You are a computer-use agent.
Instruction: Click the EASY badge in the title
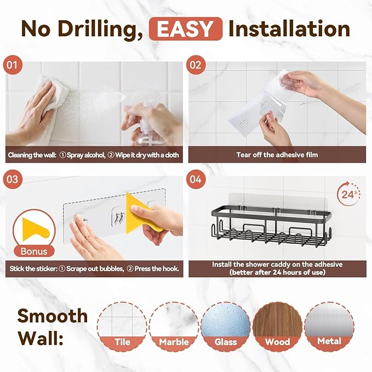click(x=186, y=28)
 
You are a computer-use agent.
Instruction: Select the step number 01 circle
click(x=13, y=65)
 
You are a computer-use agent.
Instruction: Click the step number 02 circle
click(x=196, y=65)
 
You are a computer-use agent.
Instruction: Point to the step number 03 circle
click(x=13, y=179)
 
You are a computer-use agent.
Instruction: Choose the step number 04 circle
click(x=196, y=179)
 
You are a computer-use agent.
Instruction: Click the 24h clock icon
click(x=348, y=193)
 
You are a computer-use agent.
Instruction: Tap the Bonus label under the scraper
click(x=34, y=251)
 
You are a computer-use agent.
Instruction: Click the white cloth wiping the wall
click(x=51, y=100)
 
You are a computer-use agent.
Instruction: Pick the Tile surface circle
click(x=122, y=326)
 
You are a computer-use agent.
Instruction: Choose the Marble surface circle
click(x=174, y=326)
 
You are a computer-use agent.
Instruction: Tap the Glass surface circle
click(x=226, y=326)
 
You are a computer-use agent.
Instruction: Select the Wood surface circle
click(x=277, y=326)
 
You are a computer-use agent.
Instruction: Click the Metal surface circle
click(x=329, y=326)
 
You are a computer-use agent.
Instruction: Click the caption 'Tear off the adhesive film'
click(x=277, y=154)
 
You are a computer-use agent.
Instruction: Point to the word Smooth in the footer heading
click(x=53, y=316)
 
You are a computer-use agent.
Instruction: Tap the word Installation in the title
click(x=289, y=28)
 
